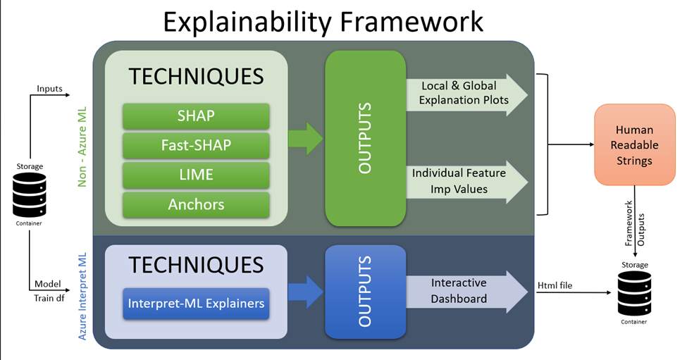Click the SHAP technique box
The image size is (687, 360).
[196, 116]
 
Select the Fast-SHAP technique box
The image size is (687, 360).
[196, 145]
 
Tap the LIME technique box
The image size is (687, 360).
[196, 175]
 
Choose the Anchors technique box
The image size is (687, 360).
[196, 204]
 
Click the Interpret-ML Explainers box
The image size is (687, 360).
[196, 304]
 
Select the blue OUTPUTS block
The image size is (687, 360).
[365, 291]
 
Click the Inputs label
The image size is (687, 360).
[49, 89]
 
